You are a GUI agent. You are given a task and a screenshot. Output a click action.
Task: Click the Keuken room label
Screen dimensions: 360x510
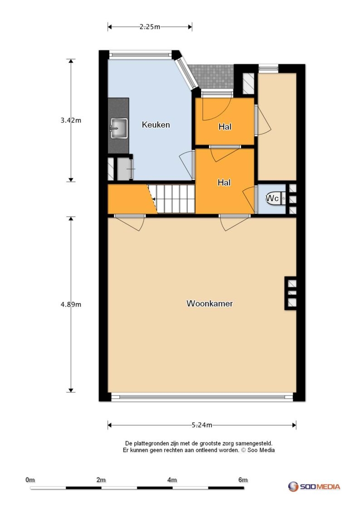click(156, 124)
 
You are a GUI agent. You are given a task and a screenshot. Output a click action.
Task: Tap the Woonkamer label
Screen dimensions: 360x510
click(209, 303)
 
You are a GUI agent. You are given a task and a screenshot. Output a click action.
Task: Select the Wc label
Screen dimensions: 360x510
click(272, 198)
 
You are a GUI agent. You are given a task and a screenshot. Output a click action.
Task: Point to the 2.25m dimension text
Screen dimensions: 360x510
click(150, 27)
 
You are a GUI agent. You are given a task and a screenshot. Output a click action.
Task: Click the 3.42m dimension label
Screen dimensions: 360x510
click(71, 120)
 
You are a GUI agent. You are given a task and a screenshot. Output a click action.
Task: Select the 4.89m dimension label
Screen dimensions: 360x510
click(71, 304)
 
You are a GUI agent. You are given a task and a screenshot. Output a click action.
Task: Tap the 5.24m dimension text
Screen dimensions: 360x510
click(202, 425)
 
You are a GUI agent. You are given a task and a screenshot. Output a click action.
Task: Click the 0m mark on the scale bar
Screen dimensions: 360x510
click(30, 480)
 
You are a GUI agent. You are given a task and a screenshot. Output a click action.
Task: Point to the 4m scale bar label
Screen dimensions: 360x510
click(172, 480)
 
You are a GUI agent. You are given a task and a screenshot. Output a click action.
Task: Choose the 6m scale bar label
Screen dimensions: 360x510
click(243, 480)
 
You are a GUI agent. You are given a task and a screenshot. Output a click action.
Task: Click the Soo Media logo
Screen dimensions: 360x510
click(314, 486)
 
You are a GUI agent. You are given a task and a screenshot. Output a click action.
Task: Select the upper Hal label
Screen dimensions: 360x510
click(225, 127)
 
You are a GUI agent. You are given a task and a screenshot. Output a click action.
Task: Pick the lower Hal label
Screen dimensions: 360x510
click(224, 183)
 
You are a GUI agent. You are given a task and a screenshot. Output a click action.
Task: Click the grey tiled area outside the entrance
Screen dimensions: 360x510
click(212, 77)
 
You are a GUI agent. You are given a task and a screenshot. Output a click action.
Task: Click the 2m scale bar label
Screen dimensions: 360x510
click(101, 480)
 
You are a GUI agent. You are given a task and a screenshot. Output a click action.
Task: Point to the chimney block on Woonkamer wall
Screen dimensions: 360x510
click(291, 293)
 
